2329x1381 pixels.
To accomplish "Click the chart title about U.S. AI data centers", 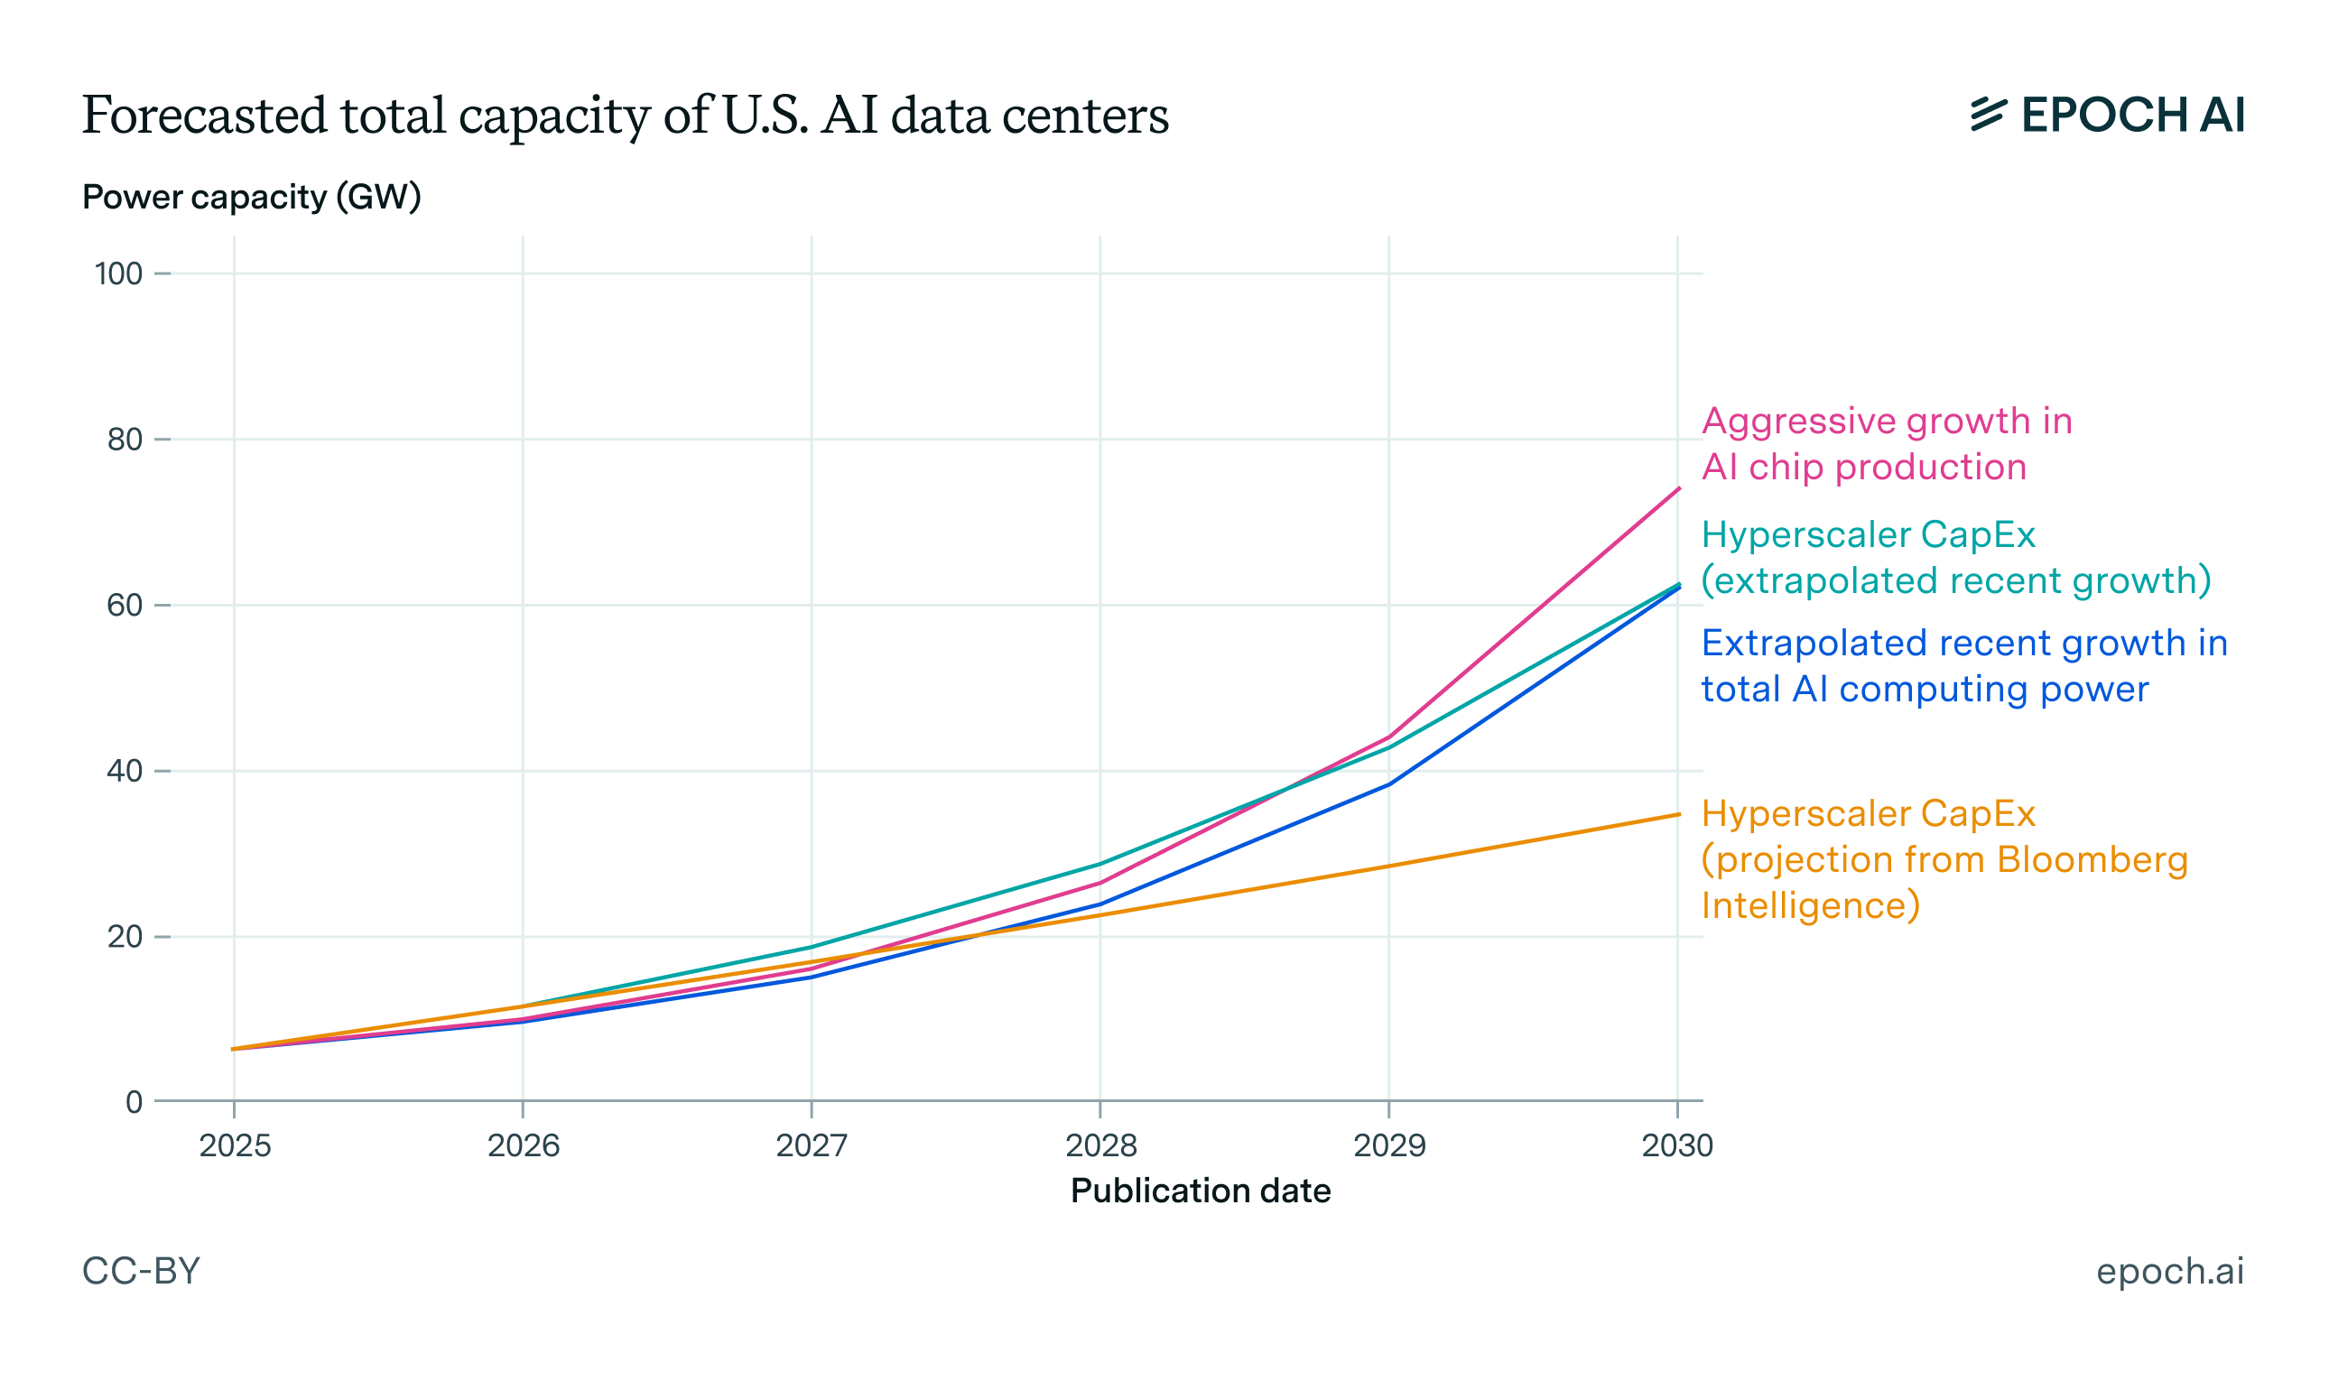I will [625, 116].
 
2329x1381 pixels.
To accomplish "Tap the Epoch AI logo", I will [2107, 116].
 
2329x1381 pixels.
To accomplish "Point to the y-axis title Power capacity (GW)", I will [251, 198].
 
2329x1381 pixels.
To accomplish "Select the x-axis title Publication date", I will [1201, 1191].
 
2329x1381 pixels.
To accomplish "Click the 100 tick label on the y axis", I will [118, 273].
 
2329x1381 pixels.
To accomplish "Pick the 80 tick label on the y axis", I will [125, 440].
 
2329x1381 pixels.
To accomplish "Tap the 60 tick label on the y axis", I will [125, 606].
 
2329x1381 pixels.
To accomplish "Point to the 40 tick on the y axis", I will [125, 772].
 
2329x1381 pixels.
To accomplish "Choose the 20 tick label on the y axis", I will [125, 937].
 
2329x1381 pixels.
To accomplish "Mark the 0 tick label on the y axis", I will [134, 1103].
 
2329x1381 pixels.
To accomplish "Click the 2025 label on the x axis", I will [235, 1145].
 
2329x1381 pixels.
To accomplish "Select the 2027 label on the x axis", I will [812, 1145].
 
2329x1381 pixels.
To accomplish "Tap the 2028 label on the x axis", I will [1100, 1145].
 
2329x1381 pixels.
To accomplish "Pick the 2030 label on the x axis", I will [1676, 1145].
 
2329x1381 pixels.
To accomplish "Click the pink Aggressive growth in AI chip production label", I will [1886, 444].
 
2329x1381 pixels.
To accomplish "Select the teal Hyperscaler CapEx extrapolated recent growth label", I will [1955, 558].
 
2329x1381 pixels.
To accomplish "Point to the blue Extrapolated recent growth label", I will [1963, 666].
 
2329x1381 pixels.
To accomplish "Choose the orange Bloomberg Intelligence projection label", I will [1944, 860].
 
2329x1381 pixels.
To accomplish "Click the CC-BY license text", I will [142, 1271].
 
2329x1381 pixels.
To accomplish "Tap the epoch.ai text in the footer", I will [2170, 1271].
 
